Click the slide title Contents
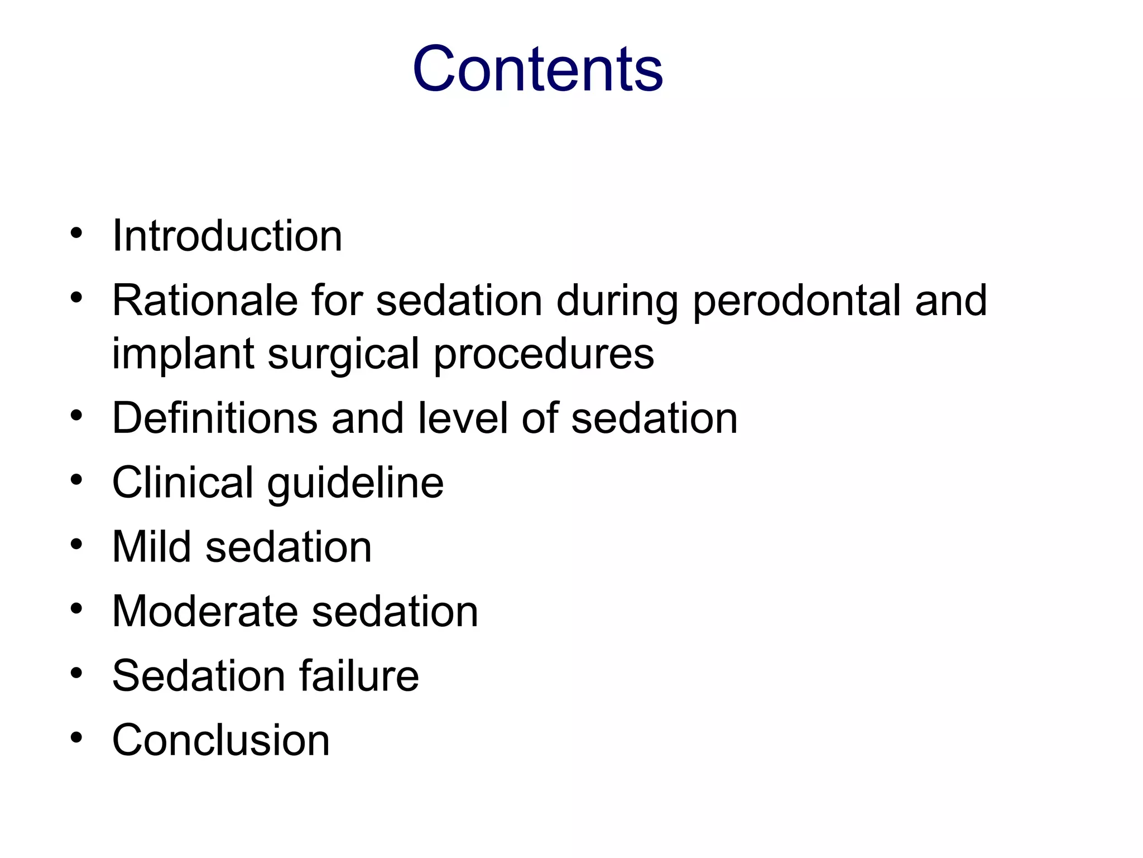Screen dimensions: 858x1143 coord(537,69)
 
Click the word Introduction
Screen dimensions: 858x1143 coord(227,236)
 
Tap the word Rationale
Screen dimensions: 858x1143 coord(205,301)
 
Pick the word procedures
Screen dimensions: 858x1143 coord(544,354)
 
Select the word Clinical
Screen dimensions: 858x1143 coord(183,482)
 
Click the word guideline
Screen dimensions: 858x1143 coord(356,483)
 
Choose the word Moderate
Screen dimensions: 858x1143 coord(205,611)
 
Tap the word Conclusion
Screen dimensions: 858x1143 coord(221,740)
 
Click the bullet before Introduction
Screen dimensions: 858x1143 coord(76,233)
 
